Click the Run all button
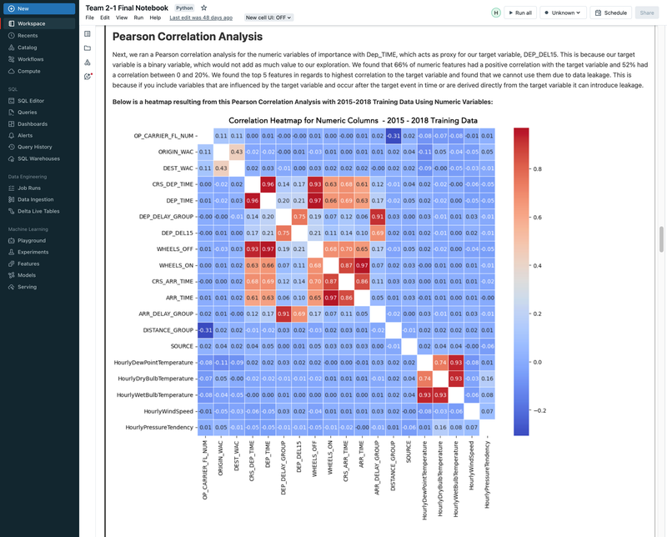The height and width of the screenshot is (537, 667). click(519, 13)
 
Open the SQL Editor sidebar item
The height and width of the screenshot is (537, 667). click(31, 101)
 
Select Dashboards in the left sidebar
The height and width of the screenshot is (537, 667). click(33, 124)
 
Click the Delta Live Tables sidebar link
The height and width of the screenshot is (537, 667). click(38, 211)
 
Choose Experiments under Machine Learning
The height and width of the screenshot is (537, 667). click(33, 252)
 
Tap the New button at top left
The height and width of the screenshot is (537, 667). click(23, 8)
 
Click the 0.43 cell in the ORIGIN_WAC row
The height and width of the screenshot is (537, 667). click(237, 152)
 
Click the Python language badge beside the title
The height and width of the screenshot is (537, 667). click(184, 8)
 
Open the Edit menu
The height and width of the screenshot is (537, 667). click(104, 18)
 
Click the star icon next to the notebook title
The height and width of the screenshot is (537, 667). click(203, 8)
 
